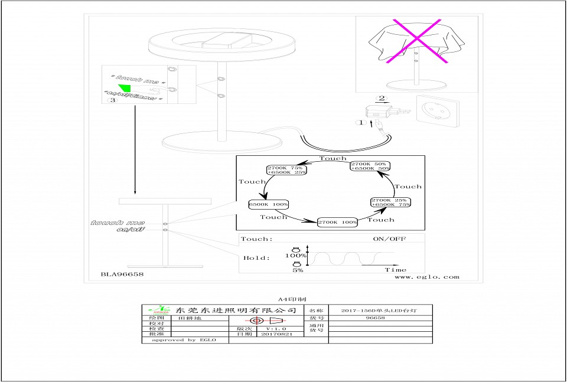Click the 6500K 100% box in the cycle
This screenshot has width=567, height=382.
pos(269,204)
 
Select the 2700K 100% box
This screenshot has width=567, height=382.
pos(338,223)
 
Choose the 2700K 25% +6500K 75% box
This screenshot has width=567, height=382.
pos(390,202)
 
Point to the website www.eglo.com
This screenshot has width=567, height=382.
pos(426,276)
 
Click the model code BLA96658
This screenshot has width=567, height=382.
pos(122,275)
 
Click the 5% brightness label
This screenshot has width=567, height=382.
pos(297,270)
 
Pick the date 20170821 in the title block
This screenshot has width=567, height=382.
pos(277,334)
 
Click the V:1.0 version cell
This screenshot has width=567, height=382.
pos(276,328)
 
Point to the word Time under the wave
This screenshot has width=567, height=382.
pos(396,269)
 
